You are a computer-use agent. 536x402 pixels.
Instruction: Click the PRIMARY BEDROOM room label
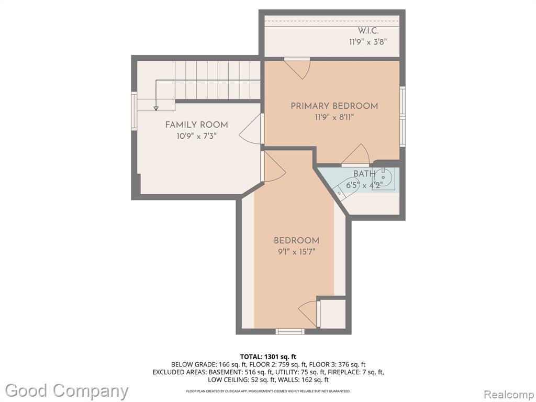tap(334, 106)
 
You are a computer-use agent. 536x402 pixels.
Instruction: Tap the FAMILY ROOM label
tap(197, 125)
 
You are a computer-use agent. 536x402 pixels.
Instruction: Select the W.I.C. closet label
tap(368, 30)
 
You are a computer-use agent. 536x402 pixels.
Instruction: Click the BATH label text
tap(364, 174)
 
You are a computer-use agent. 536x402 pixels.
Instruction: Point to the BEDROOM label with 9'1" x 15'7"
tap(296, 240)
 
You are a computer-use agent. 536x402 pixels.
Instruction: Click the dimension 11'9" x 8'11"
tap(334, 118)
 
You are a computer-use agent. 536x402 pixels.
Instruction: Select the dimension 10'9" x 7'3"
tap(197, 136)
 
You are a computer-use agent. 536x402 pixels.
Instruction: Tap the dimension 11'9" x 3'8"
tap(368, 42)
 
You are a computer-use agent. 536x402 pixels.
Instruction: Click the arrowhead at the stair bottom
tap(156, 108)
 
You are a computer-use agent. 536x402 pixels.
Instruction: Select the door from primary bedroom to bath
tap(355, 155)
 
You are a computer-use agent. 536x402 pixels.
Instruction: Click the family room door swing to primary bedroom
tap(251, 129)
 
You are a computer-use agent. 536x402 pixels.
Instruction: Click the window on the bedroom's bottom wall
tap(290, 331)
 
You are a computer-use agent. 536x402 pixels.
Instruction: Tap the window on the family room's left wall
tap(135, 110)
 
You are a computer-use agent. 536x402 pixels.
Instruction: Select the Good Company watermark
tap(66, 391)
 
